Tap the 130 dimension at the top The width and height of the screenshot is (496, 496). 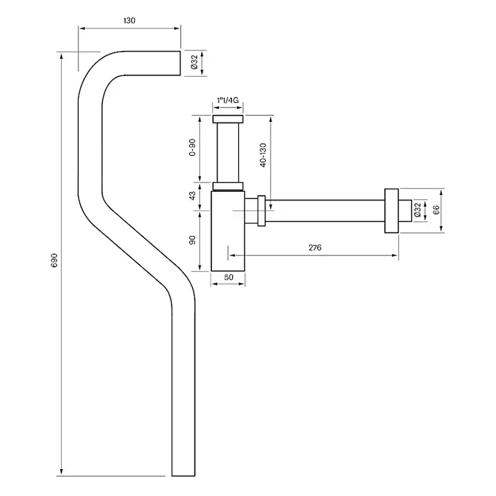(129, 20)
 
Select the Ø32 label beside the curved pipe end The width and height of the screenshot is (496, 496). (194, 62)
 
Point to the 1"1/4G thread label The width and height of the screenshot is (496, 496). (228, 101)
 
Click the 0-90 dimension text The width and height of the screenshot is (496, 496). (192, 147)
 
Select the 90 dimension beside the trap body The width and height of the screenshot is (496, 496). (193, 241)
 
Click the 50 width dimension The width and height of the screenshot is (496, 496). (228, 277)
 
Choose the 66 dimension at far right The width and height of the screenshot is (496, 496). (435, 210)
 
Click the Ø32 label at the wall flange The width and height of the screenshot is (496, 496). (418, 210)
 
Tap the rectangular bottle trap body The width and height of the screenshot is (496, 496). (228, 234)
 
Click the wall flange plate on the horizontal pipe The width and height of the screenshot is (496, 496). (392, 211)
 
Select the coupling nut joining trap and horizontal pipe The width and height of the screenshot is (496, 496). (261, 211)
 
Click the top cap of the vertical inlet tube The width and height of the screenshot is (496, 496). (228, 118)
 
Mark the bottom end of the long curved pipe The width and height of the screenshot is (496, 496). (184, 473)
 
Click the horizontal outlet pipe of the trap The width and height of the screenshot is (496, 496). (323, 211)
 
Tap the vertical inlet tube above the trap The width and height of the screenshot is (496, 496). (228, 150)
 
